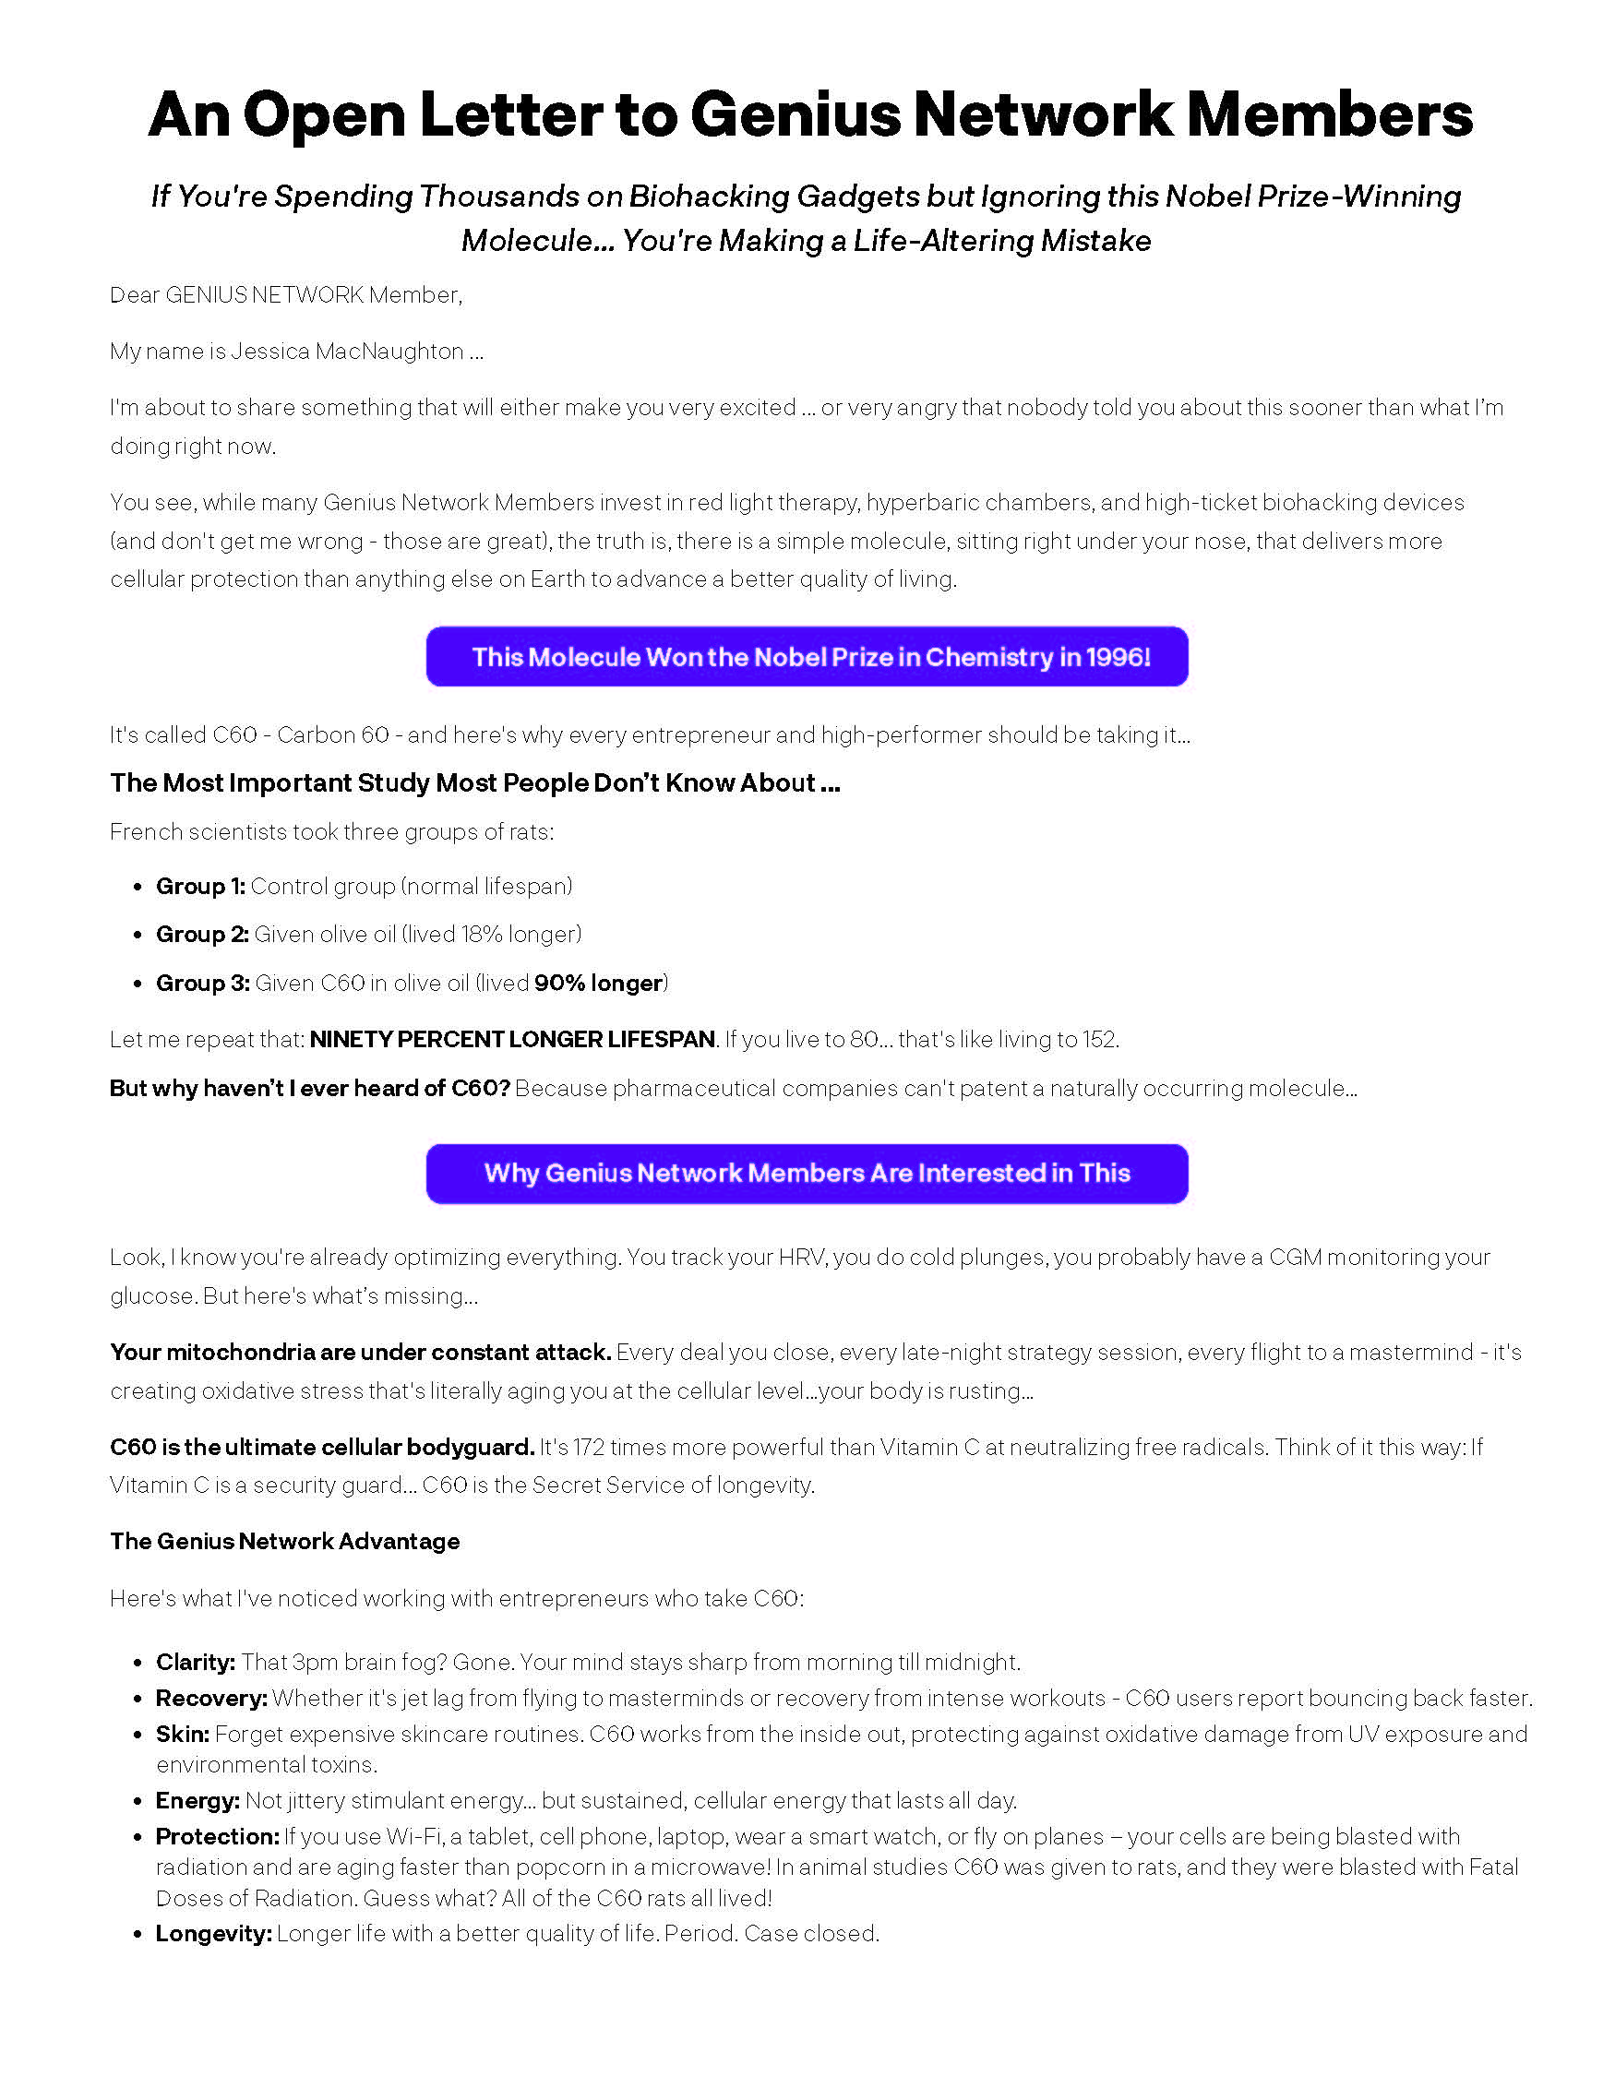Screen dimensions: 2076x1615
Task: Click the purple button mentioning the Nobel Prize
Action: (x=807, y=656)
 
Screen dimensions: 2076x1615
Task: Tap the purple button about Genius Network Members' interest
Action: (x=807, y=1173)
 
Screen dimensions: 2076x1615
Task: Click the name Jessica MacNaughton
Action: (x=347, y=351)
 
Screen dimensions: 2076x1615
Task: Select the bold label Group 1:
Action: (x=200, y=886)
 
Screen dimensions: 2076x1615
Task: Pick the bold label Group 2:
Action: (x=202, y=934)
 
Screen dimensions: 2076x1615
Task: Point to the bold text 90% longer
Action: (x=598, y=983)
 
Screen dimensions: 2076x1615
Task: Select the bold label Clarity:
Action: (x=196, y=1662)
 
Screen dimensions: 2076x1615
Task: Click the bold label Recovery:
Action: (x=212, y=1698)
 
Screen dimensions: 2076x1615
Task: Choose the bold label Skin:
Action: (x=183, y=1734)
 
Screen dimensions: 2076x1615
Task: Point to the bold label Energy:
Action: (x=197, y=1800)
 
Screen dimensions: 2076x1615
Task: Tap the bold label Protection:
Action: (x=218, y=1836)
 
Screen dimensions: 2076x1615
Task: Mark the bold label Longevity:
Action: (x=214, y=1933)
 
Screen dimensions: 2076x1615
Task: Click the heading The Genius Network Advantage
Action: (x=284, y=1541)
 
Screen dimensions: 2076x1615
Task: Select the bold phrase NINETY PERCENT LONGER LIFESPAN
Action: (x=512, y=1039)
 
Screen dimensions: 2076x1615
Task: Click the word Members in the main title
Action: (x=1330, y=114)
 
